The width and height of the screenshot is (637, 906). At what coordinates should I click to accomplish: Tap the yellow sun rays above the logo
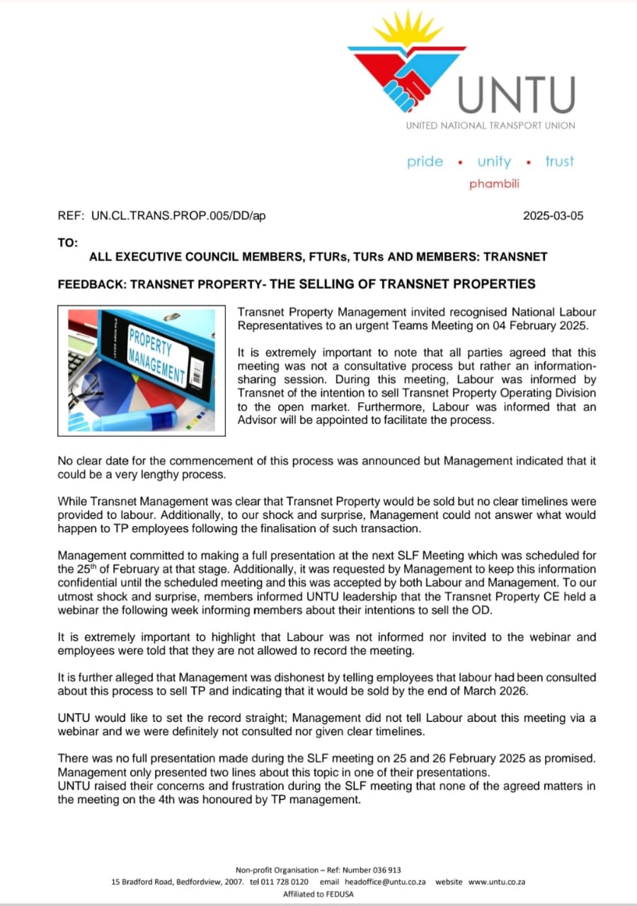click(408, 30)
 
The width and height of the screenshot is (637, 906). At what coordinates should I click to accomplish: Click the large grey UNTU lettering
click(516, 95)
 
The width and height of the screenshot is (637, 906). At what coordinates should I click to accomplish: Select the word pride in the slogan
click(425, 161)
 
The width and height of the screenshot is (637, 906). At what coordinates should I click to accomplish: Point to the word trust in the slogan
click(559, 161)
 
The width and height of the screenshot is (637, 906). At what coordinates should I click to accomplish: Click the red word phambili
click(494, 184)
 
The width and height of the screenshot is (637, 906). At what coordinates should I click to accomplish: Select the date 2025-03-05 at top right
click(553, 217)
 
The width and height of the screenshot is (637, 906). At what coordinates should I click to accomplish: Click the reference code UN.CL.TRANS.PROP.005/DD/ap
click(178, 217)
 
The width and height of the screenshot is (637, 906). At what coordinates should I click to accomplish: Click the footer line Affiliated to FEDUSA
click(318, 894)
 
